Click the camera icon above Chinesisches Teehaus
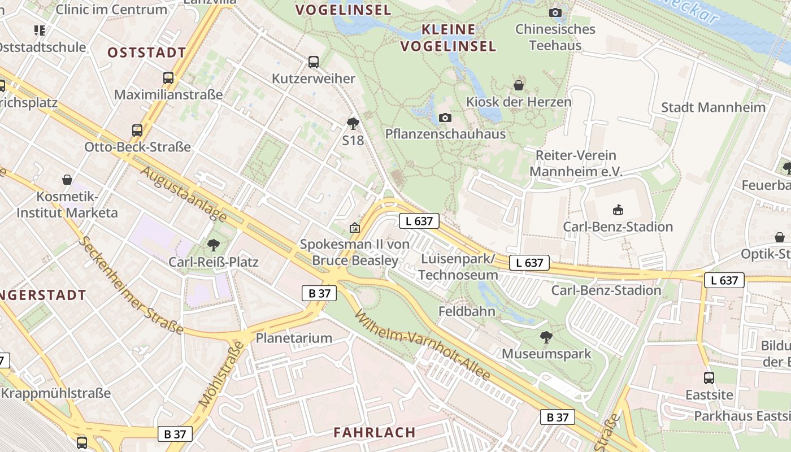(x=555, y=12)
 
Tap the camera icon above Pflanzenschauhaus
(x=445, y=118)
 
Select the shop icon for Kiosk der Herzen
(x=519, y=86)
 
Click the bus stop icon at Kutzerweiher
(x=314, y=62)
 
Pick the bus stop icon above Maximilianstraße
(x=168, y=78)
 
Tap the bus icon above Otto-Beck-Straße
(x=137, y=131)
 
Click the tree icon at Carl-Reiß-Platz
(x=214, y=245)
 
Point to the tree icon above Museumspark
(x=546, y=338)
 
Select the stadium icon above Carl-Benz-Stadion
(x=618, y=210)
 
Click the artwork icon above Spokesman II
(x=354, y=228)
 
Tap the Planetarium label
(x=294, y=338)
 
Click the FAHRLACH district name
(x=375, y=432)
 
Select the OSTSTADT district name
(x=146, y=53)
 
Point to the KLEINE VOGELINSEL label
(x=449, y=37)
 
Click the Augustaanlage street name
(x=184, y=194)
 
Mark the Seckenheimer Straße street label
(x=132, y=285)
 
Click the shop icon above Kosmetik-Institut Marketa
(x=67, y=180)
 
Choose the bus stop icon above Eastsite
(x=709, y=378)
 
